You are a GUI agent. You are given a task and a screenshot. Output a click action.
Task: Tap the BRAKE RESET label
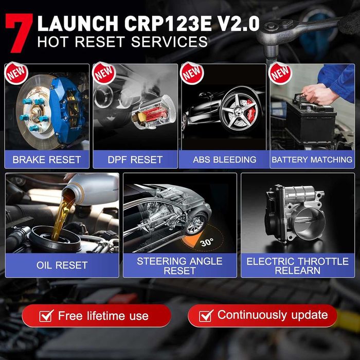pyautogui.click(x=47, y=159)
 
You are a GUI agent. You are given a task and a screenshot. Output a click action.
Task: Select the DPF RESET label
pyautogui.click(x=135, y=159)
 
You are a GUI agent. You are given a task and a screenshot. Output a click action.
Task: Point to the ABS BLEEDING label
pyautogui.click(x=224, y=159)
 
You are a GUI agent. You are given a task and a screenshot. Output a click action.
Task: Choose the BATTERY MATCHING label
pyautogui.click(x=312, y=159)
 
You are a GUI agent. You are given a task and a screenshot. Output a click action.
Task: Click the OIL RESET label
pyautogui.click(x=62, y=266)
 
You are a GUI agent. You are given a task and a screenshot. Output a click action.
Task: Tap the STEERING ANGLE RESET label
pyautogui.click(x=179, y=266)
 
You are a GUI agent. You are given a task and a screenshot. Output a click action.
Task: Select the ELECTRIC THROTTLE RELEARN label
pyautogui.click(x=298, y=266)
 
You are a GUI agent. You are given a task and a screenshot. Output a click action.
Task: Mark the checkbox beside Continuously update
pyautogui.click(x=206, y=315)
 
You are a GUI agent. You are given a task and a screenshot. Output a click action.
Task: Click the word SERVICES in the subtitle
pyautogui.click(x=167, y=42)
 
